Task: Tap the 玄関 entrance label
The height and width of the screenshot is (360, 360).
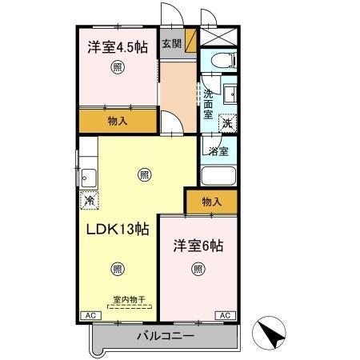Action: pos(171,44)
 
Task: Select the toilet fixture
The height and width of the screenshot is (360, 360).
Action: pos(221,59)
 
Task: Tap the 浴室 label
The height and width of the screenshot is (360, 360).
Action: pos(218,150)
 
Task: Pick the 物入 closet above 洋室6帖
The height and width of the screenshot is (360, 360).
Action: pos(211,202)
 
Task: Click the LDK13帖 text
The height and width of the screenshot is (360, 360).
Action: pos(117,228)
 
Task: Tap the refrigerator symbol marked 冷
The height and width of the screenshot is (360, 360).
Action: pos(88,202)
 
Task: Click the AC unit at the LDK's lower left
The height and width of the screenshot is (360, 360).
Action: pos(89,315)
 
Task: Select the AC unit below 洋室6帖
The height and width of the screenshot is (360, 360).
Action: pos(225,315)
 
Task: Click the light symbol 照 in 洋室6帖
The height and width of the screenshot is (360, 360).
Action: pos(197,269)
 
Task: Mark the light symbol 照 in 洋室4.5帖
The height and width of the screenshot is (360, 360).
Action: pos(117,68)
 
